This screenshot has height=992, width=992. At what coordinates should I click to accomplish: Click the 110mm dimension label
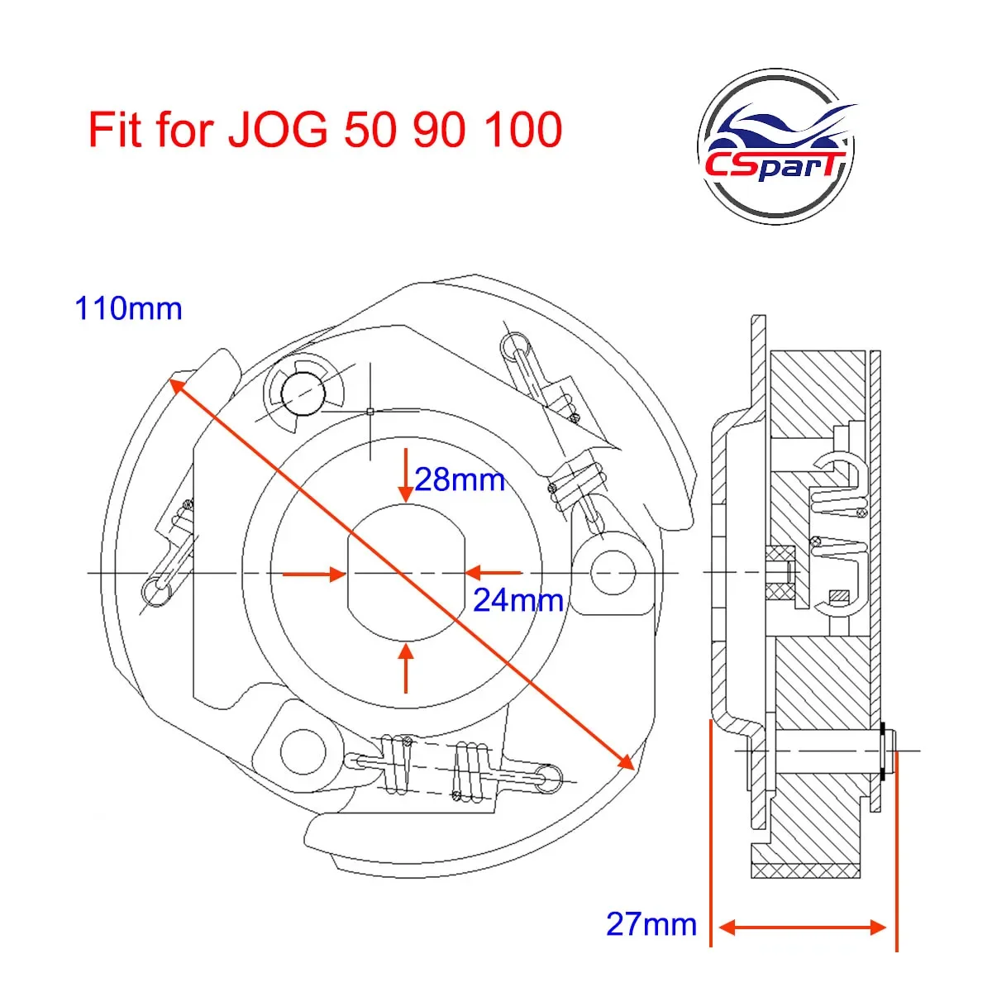[x=128, y=308]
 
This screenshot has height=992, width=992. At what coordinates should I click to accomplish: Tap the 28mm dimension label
[x=460, y=479]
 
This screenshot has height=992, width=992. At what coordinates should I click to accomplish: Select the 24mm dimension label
[x=518, y=600]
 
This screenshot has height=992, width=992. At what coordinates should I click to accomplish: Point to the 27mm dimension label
[x=651, y=923]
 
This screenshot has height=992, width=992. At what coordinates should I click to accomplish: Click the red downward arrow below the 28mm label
[x=405, y=475]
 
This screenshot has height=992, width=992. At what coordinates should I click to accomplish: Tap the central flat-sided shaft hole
[x=405, y=573]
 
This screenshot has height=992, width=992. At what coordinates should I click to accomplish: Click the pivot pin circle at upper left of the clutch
[x=301, y=392]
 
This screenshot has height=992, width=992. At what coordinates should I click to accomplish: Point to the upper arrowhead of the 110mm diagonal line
[x=175, y=384]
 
